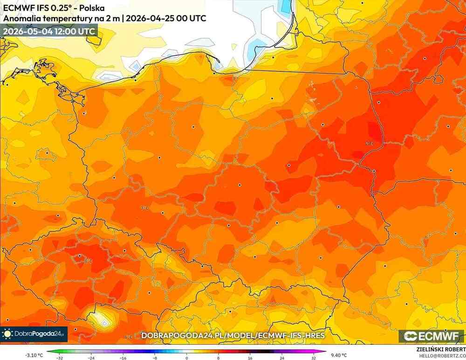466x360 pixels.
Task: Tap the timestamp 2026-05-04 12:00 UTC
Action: tap(49, 31)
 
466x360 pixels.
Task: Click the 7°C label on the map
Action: tap(145, 208)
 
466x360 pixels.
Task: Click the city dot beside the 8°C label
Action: tap(80, 256)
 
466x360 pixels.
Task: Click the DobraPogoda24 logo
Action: tap(34, 334)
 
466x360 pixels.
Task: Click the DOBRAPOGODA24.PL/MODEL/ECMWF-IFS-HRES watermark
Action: tap(233, 336)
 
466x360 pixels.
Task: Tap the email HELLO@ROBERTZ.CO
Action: tap(439, 356)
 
